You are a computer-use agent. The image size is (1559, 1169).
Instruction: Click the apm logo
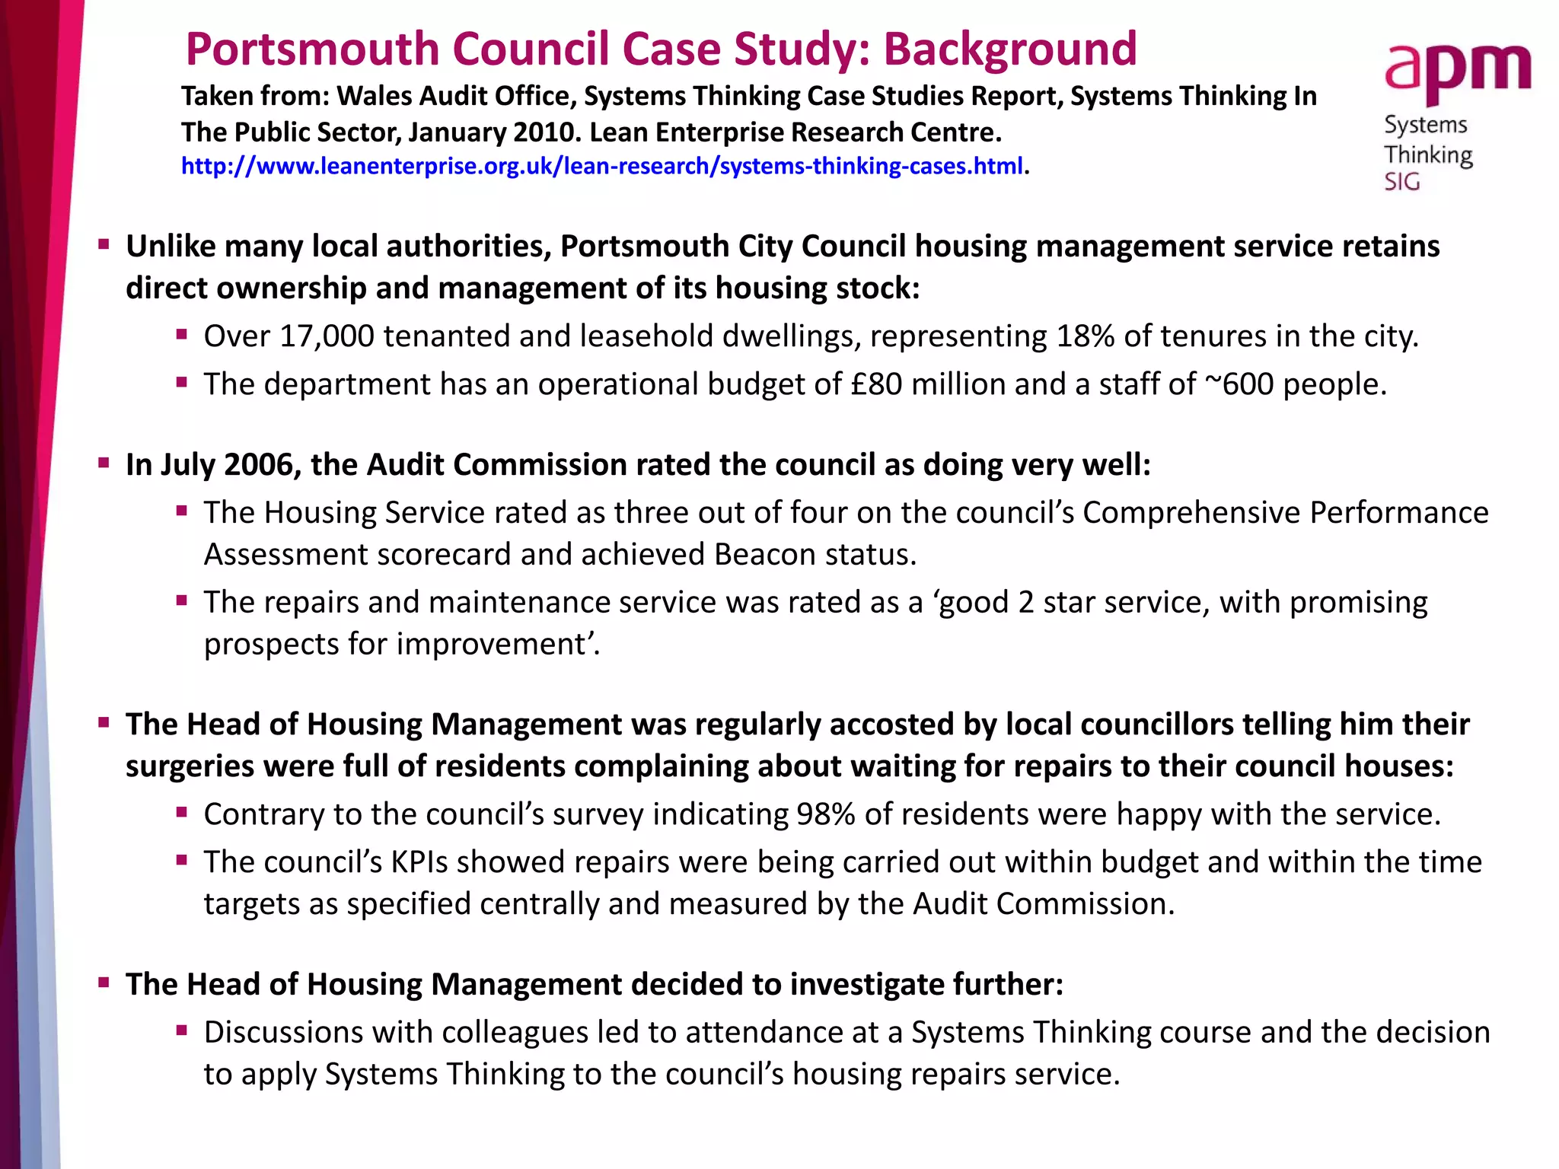1457,73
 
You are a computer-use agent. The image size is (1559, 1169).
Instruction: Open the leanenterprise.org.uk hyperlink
601,166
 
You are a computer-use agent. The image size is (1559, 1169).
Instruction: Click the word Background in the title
1009,49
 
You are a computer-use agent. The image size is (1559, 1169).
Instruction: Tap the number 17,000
327,336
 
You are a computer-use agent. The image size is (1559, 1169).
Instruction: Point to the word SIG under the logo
1402,182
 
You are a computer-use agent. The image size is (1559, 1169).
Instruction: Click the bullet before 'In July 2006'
104,463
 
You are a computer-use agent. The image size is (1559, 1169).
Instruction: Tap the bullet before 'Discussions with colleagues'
181,1030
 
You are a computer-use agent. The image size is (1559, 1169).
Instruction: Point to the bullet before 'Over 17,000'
181,334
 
